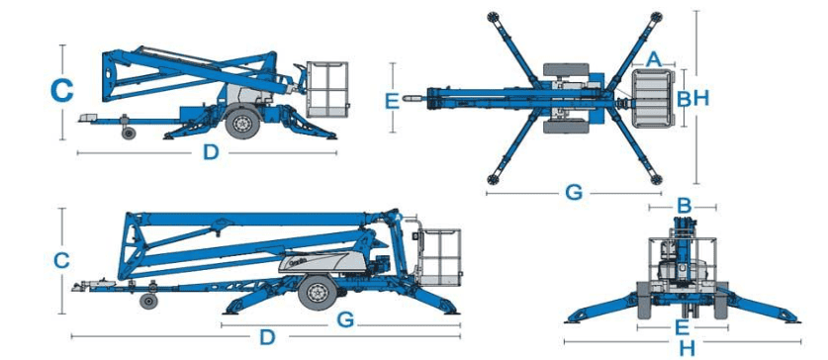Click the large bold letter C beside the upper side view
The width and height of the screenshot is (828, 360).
click(61, 90)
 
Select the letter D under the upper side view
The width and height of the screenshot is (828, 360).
click(211, 152)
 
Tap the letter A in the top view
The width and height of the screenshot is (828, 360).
click(654, 58)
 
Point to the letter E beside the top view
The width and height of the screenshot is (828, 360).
click(393, 100)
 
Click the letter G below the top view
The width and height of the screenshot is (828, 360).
click(574, 193)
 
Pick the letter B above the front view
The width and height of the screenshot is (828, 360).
click(684, 207)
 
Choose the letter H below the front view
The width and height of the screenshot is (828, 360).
click(687, 348)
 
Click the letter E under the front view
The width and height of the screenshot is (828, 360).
click(683, 327)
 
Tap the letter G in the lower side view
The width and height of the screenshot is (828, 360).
click(345, 318)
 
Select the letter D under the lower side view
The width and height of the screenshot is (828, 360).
click(267, 337)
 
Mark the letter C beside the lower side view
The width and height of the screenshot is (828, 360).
click(61, 261)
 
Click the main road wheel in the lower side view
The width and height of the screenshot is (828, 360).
click(318, 294)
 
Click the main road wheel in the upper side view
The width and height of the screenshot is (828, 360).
click(242, 123)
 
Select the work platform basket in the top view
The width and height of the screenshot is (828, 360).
click(654, 99)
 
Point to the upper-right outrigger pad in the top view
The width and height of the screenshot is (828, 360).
click(657, 17)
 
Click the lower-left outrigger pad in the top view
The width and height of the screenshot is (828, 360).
click(493, 179)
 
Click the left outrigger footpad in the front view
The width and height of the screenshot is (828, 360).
click(575, 319)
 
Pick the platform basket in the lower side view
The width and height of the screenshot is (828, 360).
click(439, 257)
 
